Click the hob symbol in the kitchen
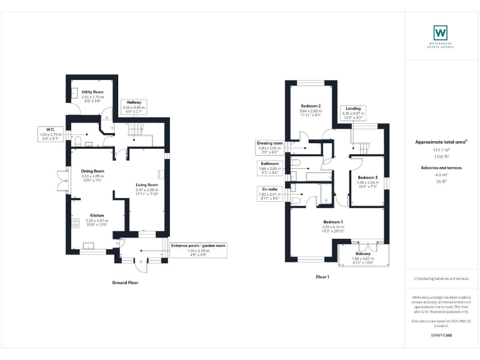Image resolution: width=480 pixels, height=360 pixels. click(x=76, y=223)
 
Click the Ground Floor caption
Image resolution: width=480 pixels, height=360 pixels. click(x=125, y=283)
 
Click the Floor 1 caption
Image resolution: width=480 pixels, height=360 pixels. click(x=322, y=277)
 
